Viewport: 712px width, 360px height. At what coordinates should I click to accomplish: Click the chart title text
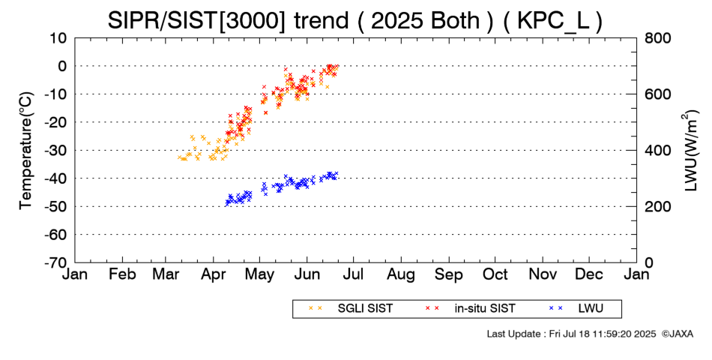coord(355,20)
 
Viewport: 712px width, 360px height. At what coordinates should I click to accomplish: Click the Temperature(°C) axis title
coord(26,150)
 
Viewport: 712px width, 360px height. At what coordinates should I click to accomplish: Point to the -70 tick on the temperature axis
coord(56,262)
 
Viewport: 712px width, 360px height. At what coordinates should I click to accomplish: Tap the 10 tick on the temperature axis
coord(59,37)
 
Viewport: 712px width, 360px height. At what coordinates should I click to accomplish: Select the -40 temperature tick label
coord(56,178)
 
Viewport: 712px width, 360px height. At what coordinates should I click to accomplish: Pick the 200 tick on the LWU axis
coord(654,206)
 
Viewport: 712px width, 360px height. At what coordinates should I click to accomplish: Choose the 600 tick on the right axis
coord(654,94)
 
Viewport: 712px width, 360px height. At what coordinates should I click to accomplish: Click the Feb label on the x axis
coord(122,274)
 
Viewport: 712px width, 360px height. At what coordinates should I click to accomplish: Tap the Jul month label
coord(354,274)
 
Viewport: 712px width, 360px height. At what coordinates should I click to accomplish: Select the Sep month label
coord(449,274)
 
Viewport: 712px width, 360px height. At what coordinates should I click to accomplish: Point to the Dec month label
coord(589,274)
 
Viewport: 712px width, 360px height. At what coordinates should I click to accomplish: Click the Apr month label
coord(214,274)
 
